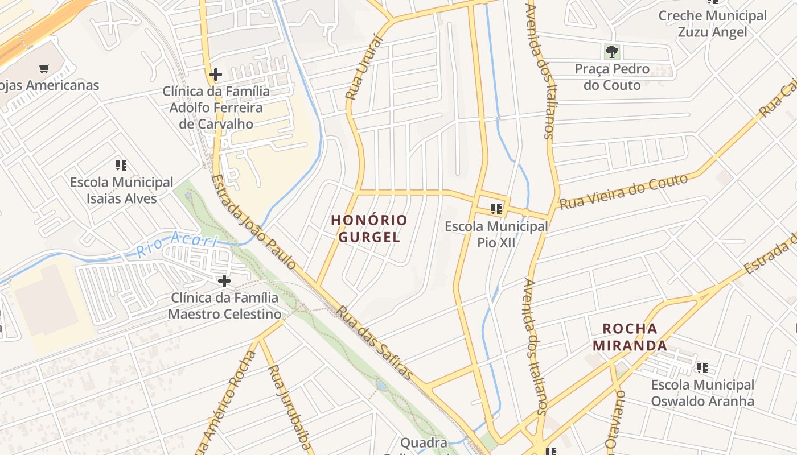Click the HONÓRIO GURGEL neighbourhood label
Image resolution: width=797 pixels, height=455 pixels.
coord(369,228)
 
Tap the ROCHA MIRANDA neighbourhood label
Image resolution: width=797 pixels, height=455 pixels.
coord(630,337)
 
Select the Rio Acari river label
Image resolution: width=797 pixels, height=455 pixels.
coord(177,244)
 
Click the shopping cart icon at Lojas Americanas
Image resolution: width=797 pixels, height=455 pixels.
coord(44,69)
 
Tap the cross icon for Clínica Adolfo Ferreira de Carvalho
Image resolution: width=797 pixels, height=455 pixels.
coord(215,75)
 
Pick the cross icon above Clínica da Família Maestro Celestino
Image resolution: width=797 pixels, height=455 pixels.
coord(224,280)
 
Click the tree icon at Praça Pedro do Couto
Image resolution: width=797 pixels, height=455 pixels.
coord(612,52)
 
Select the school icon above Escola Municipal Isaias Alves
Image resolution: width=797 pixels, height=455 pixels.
coord(121,166)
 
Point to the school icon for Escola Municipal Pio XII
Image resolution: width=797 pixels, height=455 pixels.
coord(496,209)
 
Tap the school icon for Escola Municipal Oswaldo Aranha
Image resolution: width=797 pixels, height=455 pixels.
coord(702,368)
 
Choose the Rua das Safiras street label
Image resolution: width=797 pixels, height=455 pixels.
coord(373,342)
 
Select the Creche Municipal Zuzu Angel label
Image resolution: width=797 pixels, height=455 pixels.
coord(712,24)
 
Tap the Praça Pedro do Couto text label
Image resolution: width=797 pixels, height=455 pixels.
coord(612,77)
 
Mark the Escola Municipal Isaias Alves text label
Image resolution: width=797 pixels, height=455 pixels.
coord(121,191)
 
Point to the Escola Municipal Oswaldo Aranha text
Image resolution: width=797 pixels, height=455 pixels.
coord(702,393)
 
